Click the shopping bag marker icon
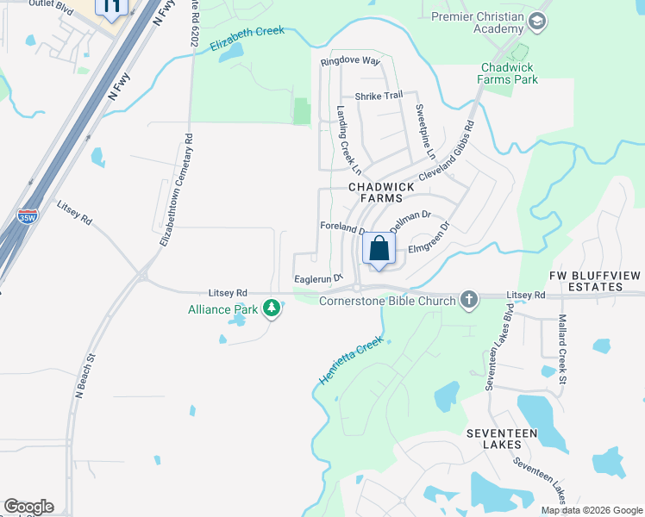point(379,250)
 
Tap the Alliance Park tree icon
point(272,308)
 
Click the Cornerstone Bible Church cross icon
point(468,300)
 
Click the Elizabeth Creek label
point(247,40)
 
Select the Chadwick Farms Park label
point(509,73)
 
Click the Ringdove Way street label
point(350,61)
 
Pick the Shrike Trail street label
point(379,96)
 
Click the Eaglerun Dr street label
point(318,278)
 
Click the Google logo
point(28,507)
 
